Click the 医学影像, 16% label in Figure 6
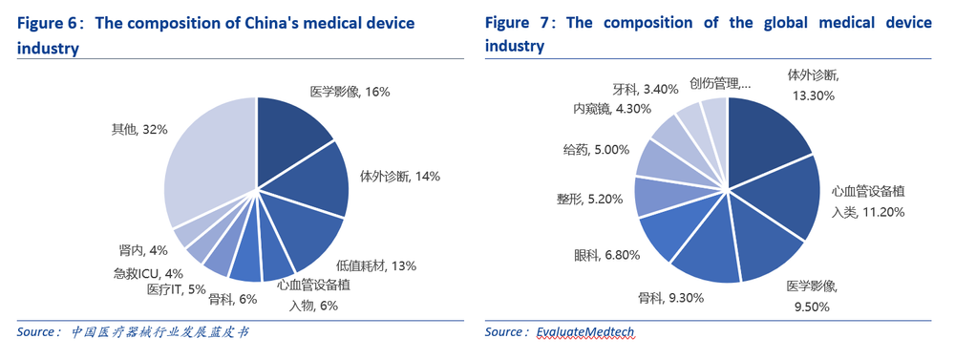pyautogui.click(x=350, y=92)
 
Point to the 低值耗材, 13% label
pyautogui.click(x=375, y=265)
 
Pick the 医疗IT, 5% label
pyautogui.click(x=177, y=289)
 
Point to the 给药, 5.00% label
pyautogui.click(x=597, y=150)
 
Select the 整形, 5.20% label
pyautogui.click(x=589, y=199)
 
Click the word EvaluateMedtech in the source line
pyautogui.click(x=584, y=332)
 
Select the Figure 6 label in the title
pyautogui.click(x=50, y=22)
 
